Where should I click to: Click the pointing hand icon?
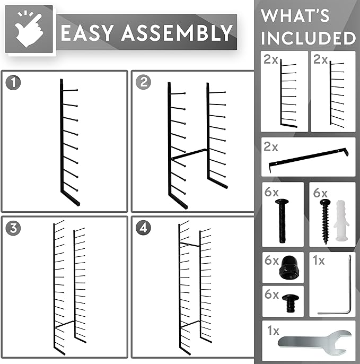[x=30, y=30]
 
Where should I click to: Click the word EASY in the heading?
[x=89, y=33]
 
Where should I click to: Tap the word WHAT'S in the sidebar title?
[x=295, y=16]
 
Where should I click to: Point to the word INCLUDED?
[x=308, y=39]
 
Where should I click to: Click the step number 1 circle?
[x=13, y=82]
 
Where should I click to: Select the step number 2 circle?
[x=143, y=82]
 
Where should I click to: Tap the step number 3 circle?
[x=13, y=228]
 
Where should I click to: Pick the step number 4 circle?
[x=143, y=228]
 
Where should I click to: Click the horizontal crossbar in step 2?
[x=189, y=154]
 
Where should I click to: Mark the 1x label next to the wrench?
[x=273, y=331]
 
